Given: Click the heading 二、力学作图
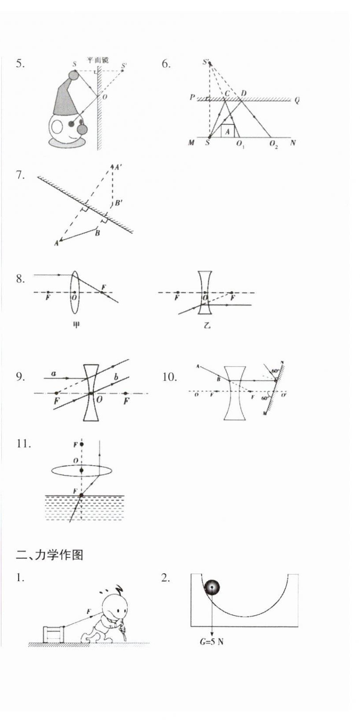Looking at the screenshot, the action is coord(49,555).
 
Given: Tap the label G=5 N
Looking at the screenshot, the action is coord(212,642).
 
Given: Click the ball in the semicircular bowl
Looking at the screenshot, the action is coord(211,587).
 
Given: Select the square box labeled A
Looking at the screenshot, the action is coord(227,131).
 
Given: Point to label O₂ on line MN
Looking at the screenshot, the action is coord(274,144).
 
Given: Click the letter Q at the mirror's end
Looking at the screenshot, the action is coord(297,100).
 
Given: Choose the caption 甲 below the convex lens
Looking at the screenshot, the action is coord(76,325).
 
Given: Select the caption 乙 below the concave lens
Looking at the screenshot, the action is coord(207,325).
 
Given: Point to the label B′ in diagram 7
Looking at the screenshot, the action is coord(119,203).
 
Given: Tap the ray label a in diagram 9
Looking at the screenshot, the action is coord(54,374).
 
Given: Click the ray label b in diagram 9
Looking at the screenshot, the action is coord(116,377).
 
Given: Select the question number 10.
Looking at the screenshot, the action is coord(169,377).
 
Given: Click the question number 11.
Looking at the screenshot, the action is coord(24,444).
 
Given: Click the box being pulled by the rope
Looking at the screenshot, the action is coord(54,634).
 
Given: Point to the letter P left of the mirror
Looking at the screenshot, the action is coord(192,97).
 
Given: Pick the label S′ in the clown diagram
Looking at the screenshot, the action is coord(124,66).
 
